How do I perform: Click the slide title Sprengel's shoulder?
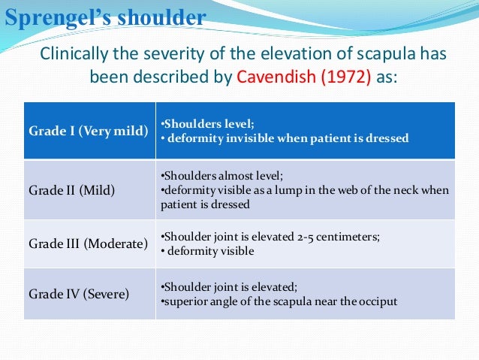(104, 17)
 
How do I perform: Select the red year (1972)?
(343, 77)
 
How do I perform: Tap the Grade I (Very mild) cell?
(89, 131)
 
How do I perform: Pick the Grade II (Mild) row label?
(72, 190)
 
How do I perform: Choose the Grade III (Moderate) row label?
(89, 244)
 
